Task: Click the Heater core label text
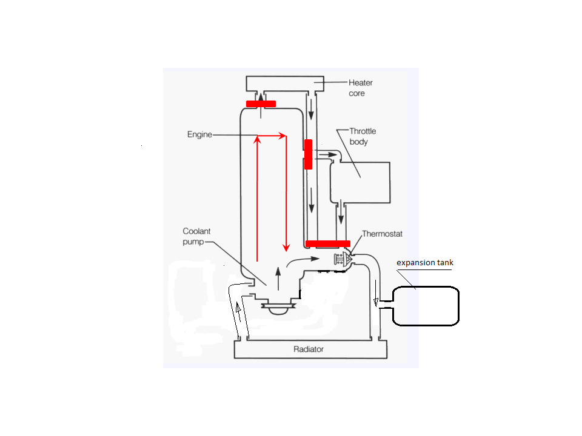[360, 88]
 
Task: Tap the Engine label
[199, 134]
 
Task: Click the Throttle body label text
[363, 136]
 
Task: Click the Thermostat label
[382, 234]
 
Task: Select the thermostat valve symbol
[343, 259]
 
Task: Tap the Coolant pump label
[196, 237]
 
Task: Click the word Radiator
[309, 349]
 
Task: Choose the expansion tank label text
[424, 262]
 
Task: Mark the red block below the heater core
[261, 104]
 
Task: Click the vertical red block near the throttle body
[308, 154]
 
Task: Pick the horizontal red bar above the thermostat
[328, 243]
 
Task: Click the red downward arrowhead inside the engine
[286, 248]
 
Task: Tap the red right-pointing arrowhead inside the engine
[283, 136]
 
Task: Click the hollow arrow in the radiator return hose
[238, 308]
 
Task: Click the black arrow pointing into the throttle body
[328, 154]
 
